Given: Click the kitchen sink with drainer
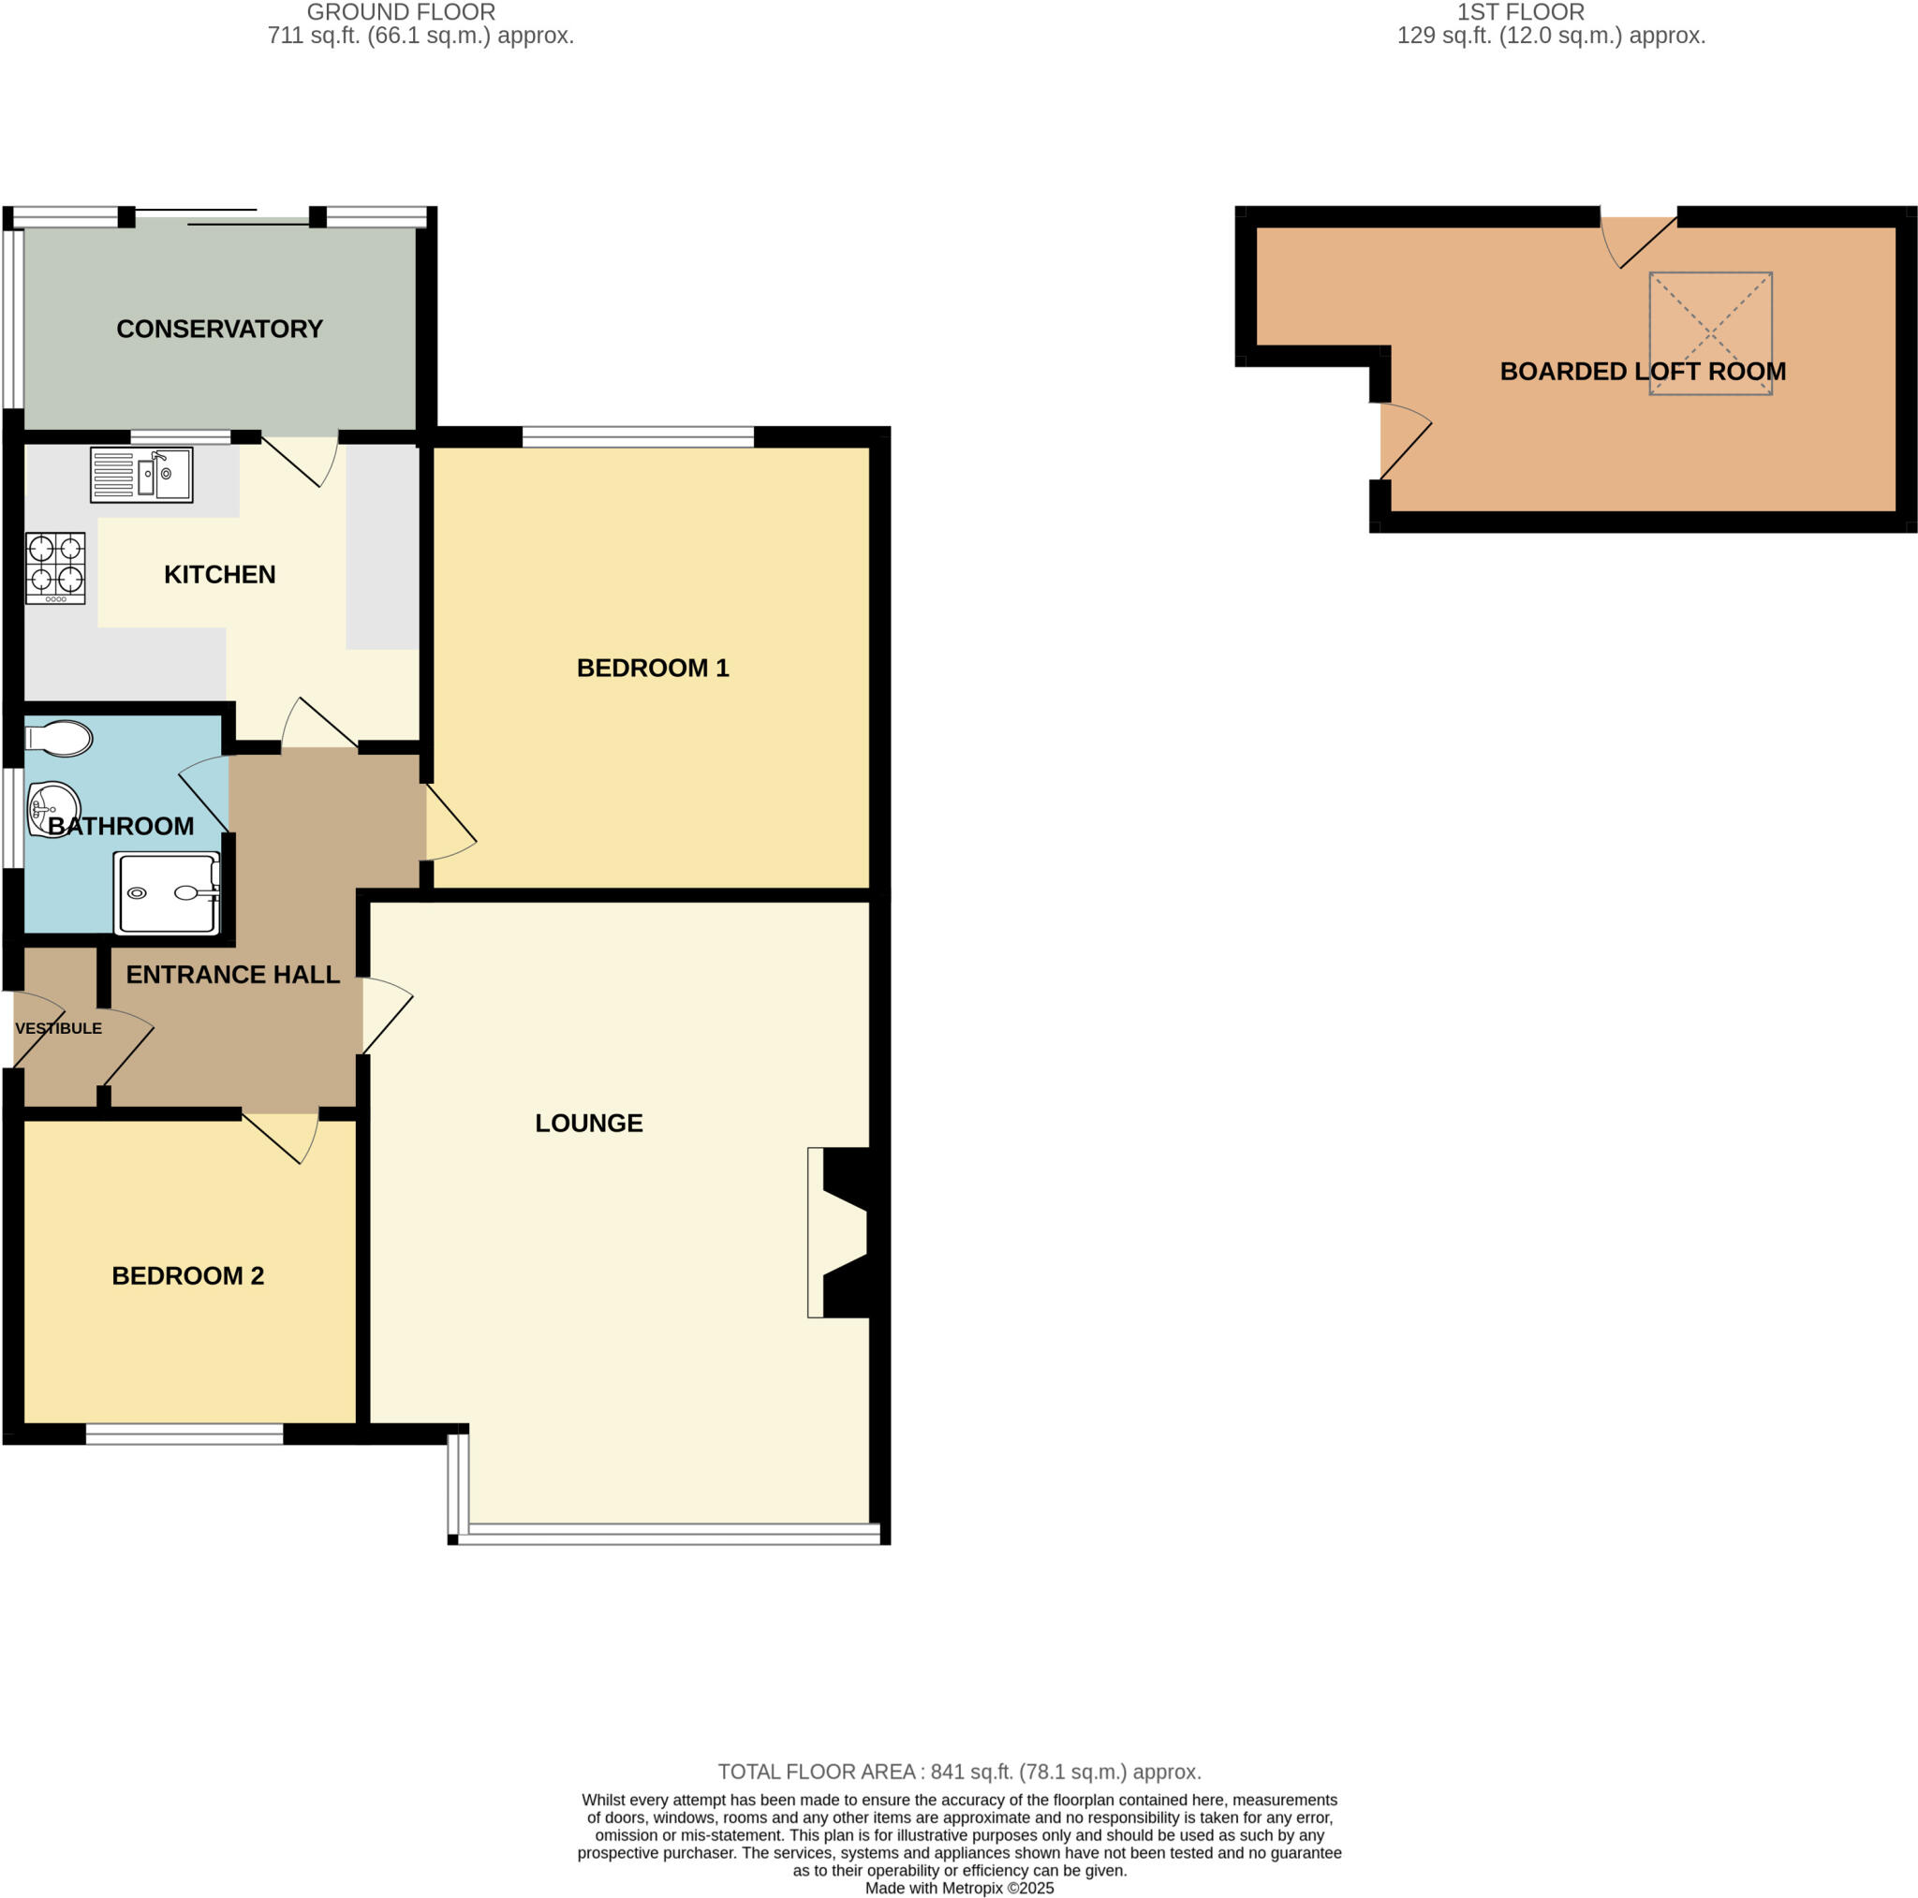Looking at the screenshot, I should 141,475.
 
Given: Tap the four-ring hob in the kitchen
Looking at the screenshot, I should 55,567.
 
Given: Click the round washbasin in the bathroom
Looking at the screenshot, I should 53,808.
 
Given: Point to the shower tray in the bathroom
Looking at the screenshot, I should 167,893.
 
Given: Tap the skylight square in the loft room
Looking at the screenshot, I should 1709,333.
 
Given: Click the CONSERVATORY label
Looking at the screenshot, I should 219,329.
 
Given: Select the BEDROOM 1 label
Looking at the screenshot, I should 652,668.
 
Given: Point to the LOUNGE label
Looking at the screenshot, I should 589,1123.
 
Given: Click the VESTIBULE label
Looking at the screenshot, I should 59,1028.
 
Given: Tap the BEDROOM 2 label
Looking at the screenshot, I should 187,1275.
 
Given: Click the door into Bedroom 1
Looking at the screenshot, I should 449,823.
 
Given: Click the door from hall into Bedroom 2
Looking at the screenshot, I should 282,1136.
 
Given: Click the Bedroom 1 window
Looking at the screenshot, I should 638,436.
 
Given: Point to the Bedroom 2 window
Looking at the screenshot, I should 184,1433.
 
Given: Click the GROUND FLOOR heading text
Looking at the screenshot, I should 401,12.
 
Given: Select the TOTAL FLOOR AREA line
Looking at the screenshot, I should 959,1772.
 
